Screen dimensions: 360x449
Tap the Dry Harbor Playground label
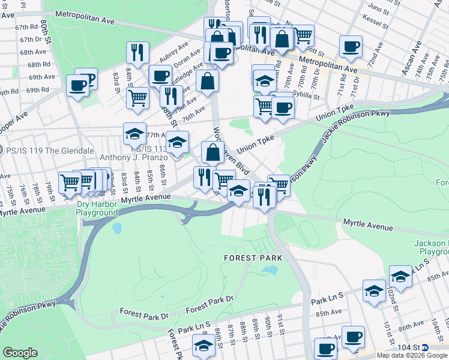click(x=97, y=208)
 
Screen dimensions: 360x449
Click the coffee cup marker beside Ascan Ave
click(x=351, y=46)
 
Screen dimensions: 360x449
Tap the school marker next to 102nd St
click(x=400, y=276)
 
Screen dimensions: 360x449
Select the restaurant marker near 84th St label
click(x=137, y=52)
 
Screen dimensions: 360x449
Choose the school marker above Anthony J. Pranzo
click(x=134, y=133)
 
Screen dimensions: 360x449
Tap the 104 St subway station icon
click(x=425, y=347)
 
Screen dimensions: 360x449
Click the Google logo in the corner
click(x=20, y=353)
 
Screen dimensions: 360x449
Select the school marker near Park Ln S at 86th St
click(x=203, y=345)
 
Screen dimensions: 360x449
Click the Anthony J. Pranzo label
click(x=133, y=157)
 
